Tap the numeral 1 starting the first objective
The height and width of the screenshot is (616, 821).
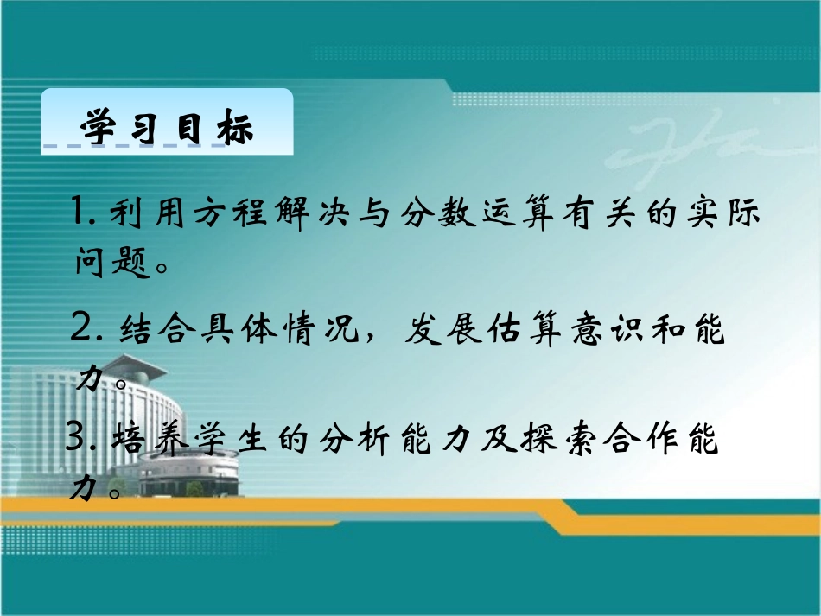click(x=83, y=213)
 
